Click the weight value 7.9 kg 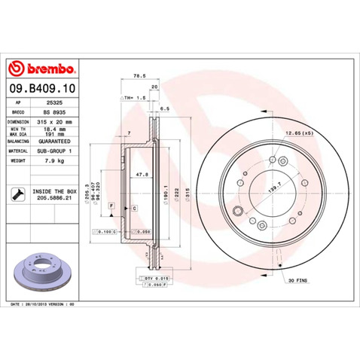(x=55, y=160)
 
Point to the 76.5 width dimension (x=139, y=76)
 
